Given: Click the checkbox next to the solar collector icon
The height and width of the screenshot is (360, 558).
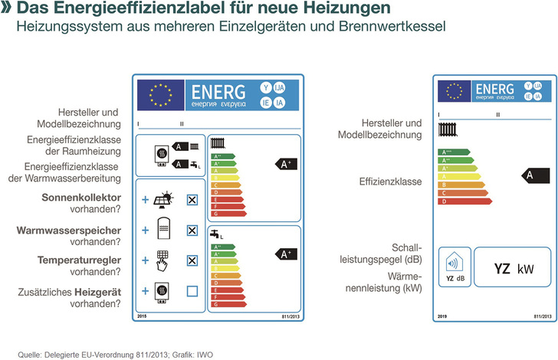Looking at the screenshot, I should (x=192, y=200).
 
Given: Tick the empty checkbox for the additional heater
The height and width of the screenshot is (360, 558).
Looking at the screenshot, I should (x=192, y=291).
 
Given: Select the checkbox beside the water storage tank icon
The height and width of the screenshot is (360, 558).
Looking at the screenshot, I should (x=192, y=230).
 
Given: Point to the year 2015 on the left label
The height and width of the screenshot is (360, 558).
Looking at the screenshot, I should (x=141, y=316).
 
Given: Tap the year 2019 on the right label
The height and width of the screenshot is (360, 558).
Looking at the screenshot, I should (x=442, y=316).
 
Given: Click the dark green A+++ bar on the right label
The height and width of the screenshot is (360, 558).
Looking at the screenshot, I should (x=452, y=152).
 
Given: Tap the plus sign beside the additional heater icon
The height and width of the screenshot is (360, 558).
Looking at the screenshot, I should (x=145, y=291).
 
